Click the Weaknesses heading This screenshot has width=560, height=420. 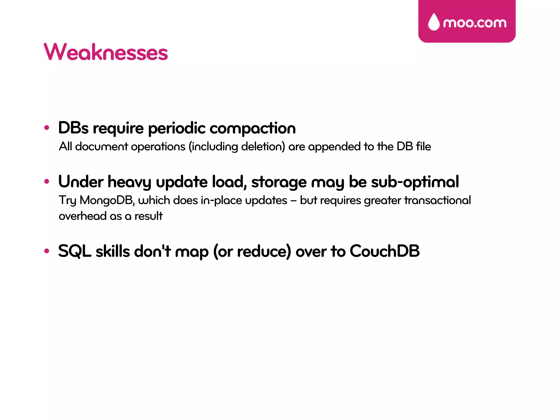tap(106, 52)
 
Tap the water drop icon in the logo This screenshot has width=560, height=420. tap(434, 22)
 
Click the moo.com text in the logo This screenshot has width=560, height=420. tap(475, 23)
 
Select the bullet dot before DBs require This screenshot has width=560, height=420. tap(47, 127)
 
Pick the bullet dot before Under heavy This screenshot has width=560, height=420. tap(47, 181)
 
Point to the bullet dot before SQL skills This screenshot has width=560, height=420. tap(47, 251)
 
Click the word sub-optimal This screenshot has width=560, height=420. tap(415, 182)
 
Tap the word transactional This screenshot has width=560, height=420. tap(437, 200)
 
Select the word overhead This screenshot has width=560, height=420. tap(83, 216)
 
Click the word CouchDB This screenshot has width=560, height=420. tap(384, 251)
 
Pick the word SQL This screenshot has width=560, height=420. tap(74, 251)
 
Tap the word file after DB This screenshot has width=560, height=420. tap(423, 147)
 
